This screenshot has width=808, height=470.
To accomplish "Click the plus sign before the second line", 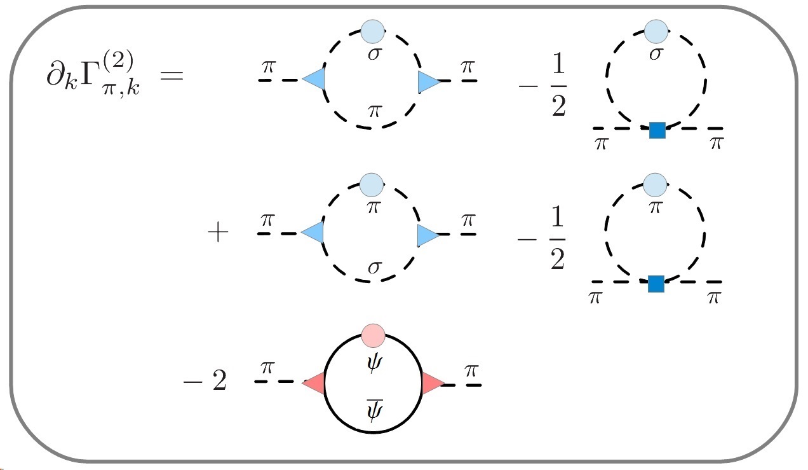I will [x=218, y=233].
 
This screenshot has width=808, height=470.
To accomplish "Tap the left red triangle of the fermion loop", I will [x=314, y=383].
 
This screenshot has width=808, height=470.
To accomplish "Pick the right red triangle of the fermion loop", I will [x=432, y=384].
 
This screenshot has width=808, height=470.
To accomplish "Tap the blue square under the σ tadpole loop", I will [x=657, y=130].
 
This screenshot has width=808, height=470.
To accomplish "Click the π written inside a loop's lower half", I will [x=374, y=111].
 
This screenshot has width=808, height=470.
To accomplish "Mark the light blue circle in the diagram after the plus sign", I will [x=372, y=185].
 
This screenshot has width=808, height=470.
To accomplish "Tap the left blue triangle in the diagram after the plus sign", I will [x=313, y=233].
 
